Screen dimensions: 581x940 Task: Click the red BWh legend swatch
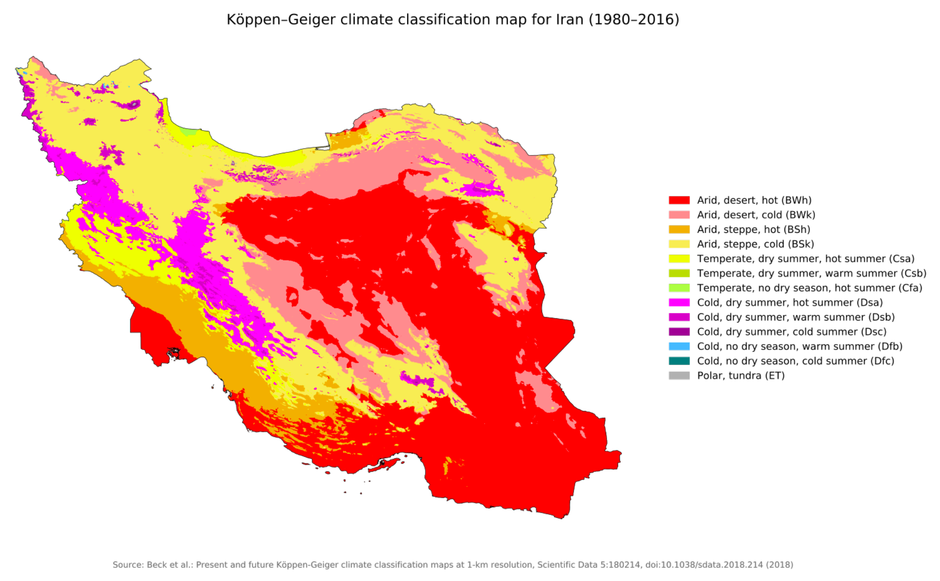pyautogui.click(x=679, y=200)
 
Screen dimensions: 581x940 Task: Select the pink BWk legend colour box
pyautogui.click(x=679, y=215)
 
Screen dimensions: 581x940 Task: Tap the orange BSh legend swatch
pyautogui.click(x=679, y=229)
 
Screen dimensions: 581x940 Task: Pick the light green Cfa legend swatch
pyautogui.click(x=679, y=288)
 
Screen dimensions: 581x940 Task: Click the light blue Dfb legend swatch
pyautogui.click(x=679, y=346)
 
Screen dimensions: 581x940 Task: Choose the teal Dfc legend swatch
pyautogui.click(x=679, y=361)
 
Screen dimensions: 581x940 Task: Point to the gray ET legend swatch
pyautogui.click(x=679, y=376)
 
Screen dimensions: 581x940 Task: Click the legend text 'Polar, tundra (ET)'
pyautogui.click(x=741, y=376)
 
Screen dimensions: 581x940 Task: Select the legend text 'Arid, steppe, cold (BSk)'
pyautogui.click(x=755, y=244)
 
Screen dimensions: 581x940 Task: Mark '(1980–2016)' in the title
pyautogui.click(x=634, y=20)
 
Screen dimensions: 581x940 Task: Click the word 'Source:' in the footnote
pyautogui.click(x=128, y=565)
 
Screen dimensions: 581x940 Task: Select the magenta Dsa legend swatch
pyautogui.click(x=679, y=302)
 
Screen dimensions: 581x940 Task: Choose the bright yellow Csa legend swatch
pyautogui.click(x=679, y=259)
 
